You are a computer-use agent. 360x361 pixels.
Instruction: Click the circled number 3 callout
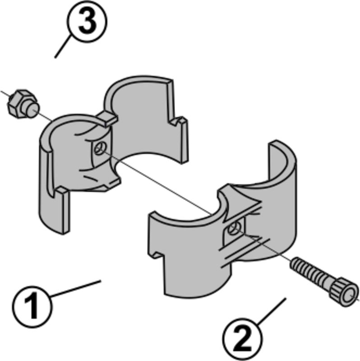pyautogui.click(x=87, y=22)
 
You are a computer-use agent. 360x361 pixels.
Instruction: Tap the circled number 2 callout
pyautogui.click(x=243, y=337)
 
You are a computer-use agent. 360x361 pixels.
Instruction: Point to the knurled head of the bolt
pyautogui.click(x=344, y=292)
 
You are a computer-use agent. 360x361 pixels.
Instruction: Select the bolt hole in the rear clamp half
pyautogui.click(x=100, y=148)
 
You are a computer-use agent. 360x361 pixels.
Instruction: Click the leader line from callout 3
pyautogui.click(x=62, y=46)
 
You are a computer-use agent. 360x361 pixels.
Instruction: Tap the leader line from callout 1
pyautogui.click(x=75, y=289)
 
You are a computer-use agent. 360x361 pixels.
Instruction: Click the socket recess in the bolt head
pyautogui.click(x=350, y=296)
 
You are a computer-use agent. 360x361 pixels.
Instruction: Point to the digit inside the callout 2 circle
pyautogui.click(x=243, y=338)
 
